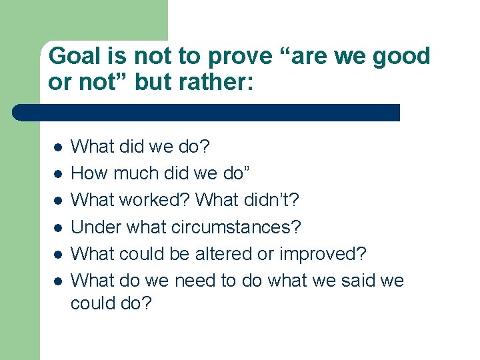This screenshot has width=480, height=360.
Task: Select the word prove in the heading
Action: [235, 57]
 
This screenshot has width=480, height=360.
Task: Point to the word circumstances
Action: [236, 227]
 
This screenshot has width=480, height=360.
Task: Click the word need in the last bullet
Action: [196, 281]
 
